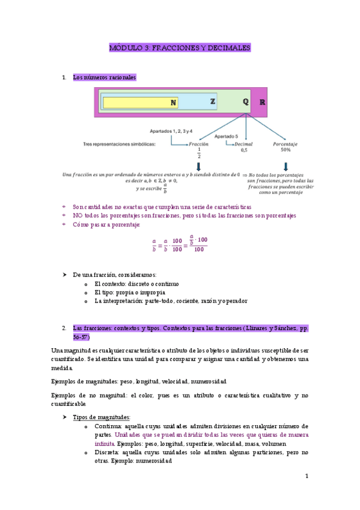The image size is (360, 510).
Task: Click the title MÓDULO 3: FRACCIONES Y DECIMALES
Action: pyautogui.click(x=180, y=48)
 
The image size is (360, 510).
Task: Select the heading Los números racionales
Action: pyautogui.click(x=104, y=78)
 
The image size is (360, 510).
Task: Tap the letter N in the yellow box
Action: pyautogui.click(x=173, y=102)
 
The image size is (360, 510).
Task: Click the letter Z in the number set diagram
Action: pyautogui.click(x=213, y=102)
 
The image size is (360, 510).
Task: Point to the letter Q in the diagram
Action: pyautogui.click(x=245, y=102)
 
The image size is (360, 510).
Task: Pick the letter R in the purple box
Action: pyautogui.click(x=262, y=102)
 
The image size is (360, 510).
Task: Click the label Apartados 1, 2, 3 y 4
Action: pyautogui.click(x=171, y=131)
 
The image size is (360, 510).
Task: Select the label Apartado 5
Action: pyautogui.click(x=226, y=137)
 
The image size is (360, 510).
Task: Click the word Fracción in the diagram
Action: pyautogui.click(x=198, y=144)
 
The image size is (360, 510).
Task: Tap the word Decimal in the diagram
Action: pyautogui.click(x=243, y=144)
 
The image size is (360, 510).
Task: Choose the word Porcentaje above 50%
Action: pyautogui.click(x=285, y=144)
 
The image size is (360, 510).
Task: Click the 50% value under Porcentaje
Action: pyautogui.click(x=285, y=150)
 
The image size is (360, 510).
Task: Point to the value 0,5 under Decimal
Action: pyautogui.click(x=243, y=150)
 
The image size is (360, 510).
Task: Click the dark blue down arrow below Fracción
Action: pyautogui.click(x=198, y=166)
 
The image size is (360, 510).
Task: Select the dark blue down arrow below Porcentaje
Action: pyautogui.click(x=285, y=165)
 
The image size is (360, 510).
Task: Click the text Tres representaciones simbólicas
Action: pyautogui.click(x=119, y=144)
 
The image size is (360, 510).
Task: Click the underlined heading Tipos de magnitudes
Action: pyautogui.click(x=101, y=417)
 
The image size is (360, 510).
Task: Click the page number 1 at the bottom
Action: pyautogui.click(x=307, y=476)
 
